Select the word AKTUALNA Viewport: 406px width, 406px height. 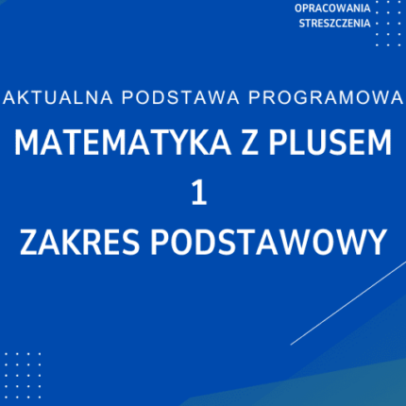[49, 97]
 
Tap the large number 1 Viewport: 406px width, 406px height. [199, 193]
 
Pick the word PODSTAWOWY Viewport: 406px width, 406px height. [262, 242]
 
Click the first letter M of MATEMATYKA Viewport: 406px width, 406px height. [26, 144]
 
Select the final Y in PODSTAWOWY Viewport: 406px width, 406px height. [375, 242]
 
